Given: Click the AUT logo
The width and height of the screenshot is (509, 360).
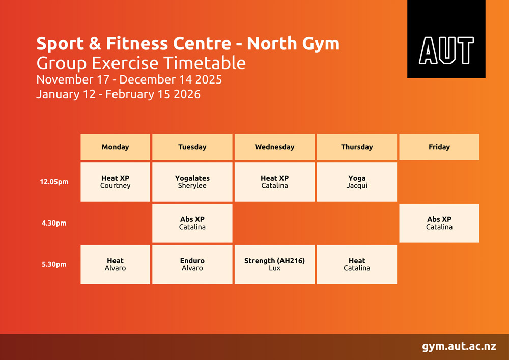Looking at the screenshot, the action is pyautogui.click(x=446, y=39).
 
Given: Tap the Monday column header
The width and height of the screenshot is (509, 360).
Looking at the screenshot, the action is pyautogui.click(x=115, y=147).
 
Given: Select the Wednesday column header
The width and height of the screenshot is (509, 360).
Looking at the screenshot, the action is pyautogui.click(x=275, y=147).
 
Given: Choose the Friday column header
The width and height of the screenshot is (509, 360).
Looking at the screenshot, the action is pyautogui.click(x=439, y=147).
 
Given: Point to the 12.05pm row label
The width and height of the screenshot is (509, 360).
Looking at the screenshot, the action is pyautogui.click(x=54, y=182).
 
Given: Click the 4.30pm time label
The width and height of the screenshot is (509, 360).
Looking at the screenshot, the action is pyautogui.click(x=54, y=223).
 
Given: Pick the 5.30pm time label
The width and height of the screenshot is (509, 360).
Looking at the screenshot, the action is pyautogui.click(x=54, y=264).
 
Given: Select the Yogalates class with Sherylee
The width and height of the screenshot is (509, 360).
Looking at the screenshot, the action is pyautogui.click(x=192, y=182).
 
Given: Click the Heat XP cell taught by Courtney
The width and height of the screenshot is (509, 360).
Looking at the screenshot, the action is pyautogui.click(x=115, y=182).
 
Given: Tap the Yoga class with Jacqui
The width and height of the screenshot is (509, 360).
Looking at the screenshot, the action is pyautogui.click(x=357, y=182).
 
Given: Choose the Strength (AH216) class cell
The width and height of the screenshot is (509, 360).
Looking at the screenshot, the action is pyautogui.click(x=275, y=264).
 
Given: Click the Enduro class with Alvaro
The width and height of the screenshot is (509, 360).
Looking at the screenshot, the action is pyautogui.click(x=192, y=264).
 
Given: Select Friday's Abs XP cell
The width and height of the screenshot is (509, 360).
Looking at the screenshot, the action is pyautogui.click(x=439, y=223).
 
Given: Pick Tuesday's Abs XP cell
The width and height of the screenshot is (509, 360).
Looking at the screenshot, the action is pyautogui.click(x=192, y=223).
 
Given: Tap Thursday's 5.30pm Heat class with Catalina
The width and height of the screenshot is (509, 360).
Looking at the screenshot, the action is pyautogui.click(x=357, y=264).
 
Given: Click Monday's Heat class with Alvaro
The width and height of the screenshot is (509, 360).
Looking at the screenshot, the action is pyautogui.click(x=115, y=264).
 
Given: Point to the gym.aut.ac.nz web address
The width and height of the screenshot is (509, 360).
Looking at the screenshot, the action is pyautogui.click(x=459, y=347).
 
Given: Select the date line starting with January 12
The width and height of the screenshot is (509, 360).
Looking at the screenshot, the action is pyautogui.click(x=118, y=94).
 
